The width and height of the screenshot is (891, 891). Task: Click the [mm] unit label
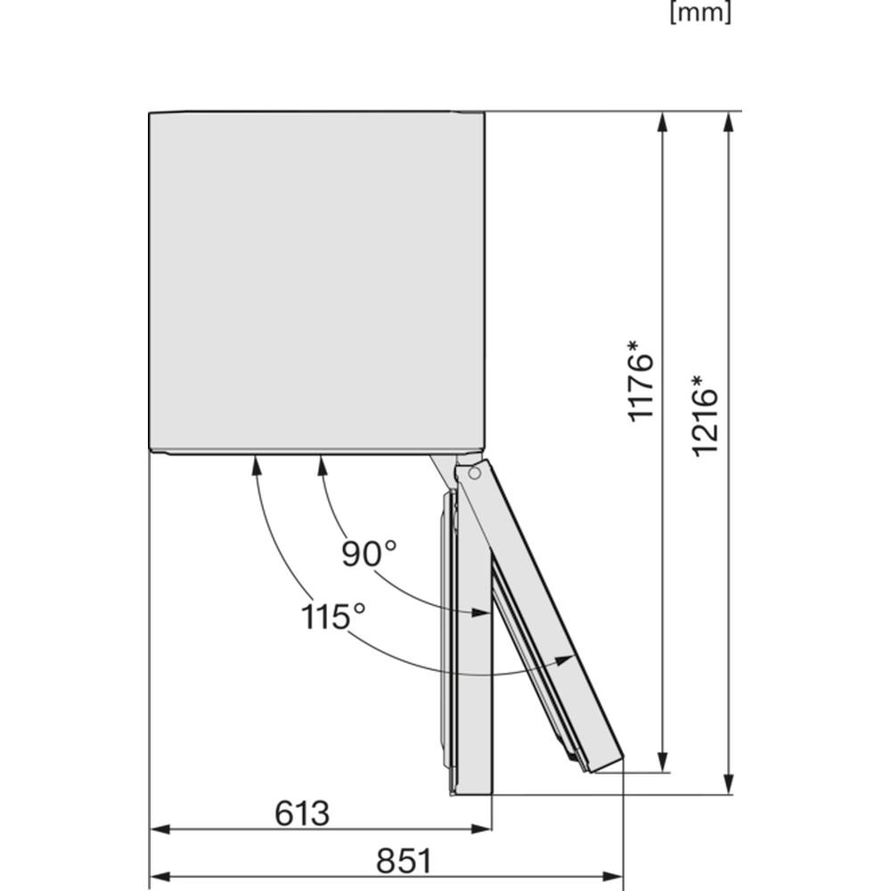700,12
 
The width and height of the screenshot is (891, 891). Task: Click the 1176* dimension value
641,380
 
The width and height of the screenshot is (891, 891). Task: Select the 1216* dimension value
705,415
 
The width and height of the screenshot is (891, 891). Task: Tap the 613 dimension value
302,813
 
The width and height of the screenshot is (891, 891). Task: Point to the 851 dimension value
404,861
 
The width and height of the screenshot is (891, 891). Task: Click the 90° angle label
369,553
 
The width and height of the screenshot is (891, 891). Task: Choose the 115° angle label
333,617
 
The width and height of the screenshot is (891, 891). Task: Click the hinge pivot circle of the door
474,473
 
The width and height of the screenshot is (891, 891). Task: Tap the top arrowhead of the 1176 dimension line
663,122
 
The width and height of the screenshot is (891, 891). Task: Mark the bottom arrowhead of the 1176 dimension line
663,763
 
